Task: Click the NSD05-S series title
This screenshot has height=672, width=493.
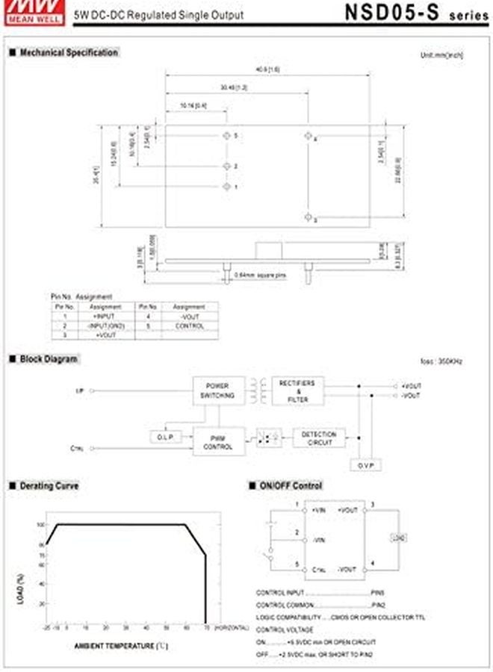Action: click(406, 13)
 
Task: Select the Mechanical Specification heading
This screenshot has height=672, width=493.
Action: click(63, 53)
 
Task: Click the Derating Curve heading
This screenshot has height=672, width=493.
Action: click(46, 486)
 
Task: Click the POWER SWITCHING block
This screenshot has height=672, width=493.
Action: click(218, 391)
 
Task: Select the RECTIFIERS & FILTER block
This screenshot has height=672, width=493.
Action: click(297, 391)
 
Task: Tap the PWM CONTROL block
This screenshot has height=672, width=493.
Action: click(218, 442)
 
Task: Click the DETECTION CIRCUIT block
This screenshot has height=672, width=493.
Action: click(319, 438)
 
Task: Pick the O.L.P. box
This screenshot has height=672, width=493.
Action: click(165, 438)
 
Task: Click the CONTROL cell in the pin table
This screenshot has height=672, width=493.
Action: click(189, 326)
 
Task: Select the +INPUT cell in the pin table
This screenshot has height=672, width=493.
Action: click(100, 317)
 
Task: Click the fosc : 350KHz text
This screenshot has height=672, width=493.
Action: click(441, 361)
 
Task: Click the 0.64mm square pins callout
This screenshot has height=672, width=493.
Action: click(260, 275)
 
